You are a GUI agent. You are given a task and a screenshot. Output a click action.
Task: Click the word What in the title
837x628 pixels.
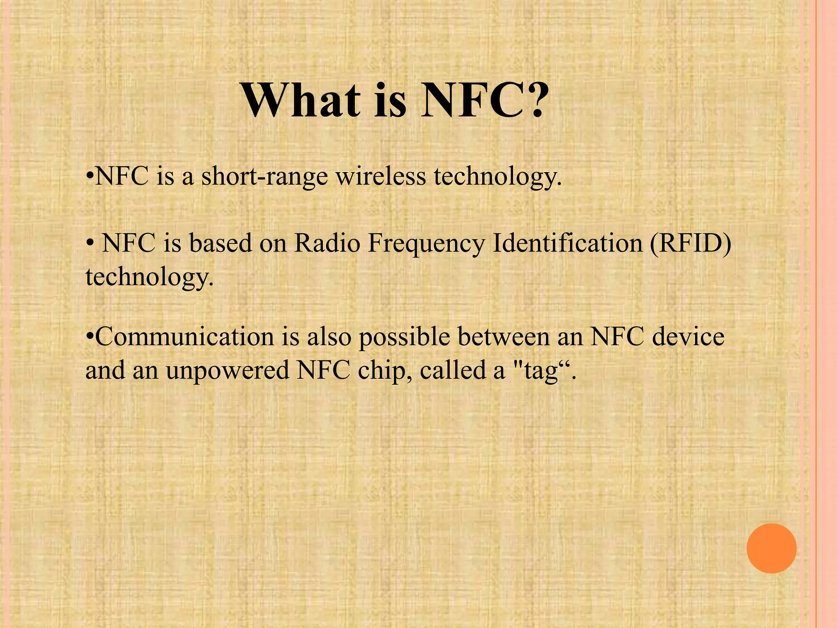tap(302, 100)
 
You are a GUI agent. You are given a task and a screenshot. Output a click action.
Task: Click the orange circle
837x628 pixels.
tap(771, 548)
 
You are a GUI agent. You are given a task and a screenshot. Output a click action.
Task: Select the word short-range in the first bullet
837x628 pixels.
tap(264, 177)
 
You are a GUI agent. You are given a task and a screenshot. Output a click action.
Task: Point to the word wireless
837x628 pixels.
tap(380, 177)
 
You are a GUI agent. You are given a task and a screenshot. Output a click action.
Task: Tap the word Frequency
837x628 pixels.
tap(426, 244)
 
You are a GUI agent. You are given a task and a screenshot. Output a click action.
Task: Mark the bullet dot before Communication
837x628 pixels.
tap(90, 338)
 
